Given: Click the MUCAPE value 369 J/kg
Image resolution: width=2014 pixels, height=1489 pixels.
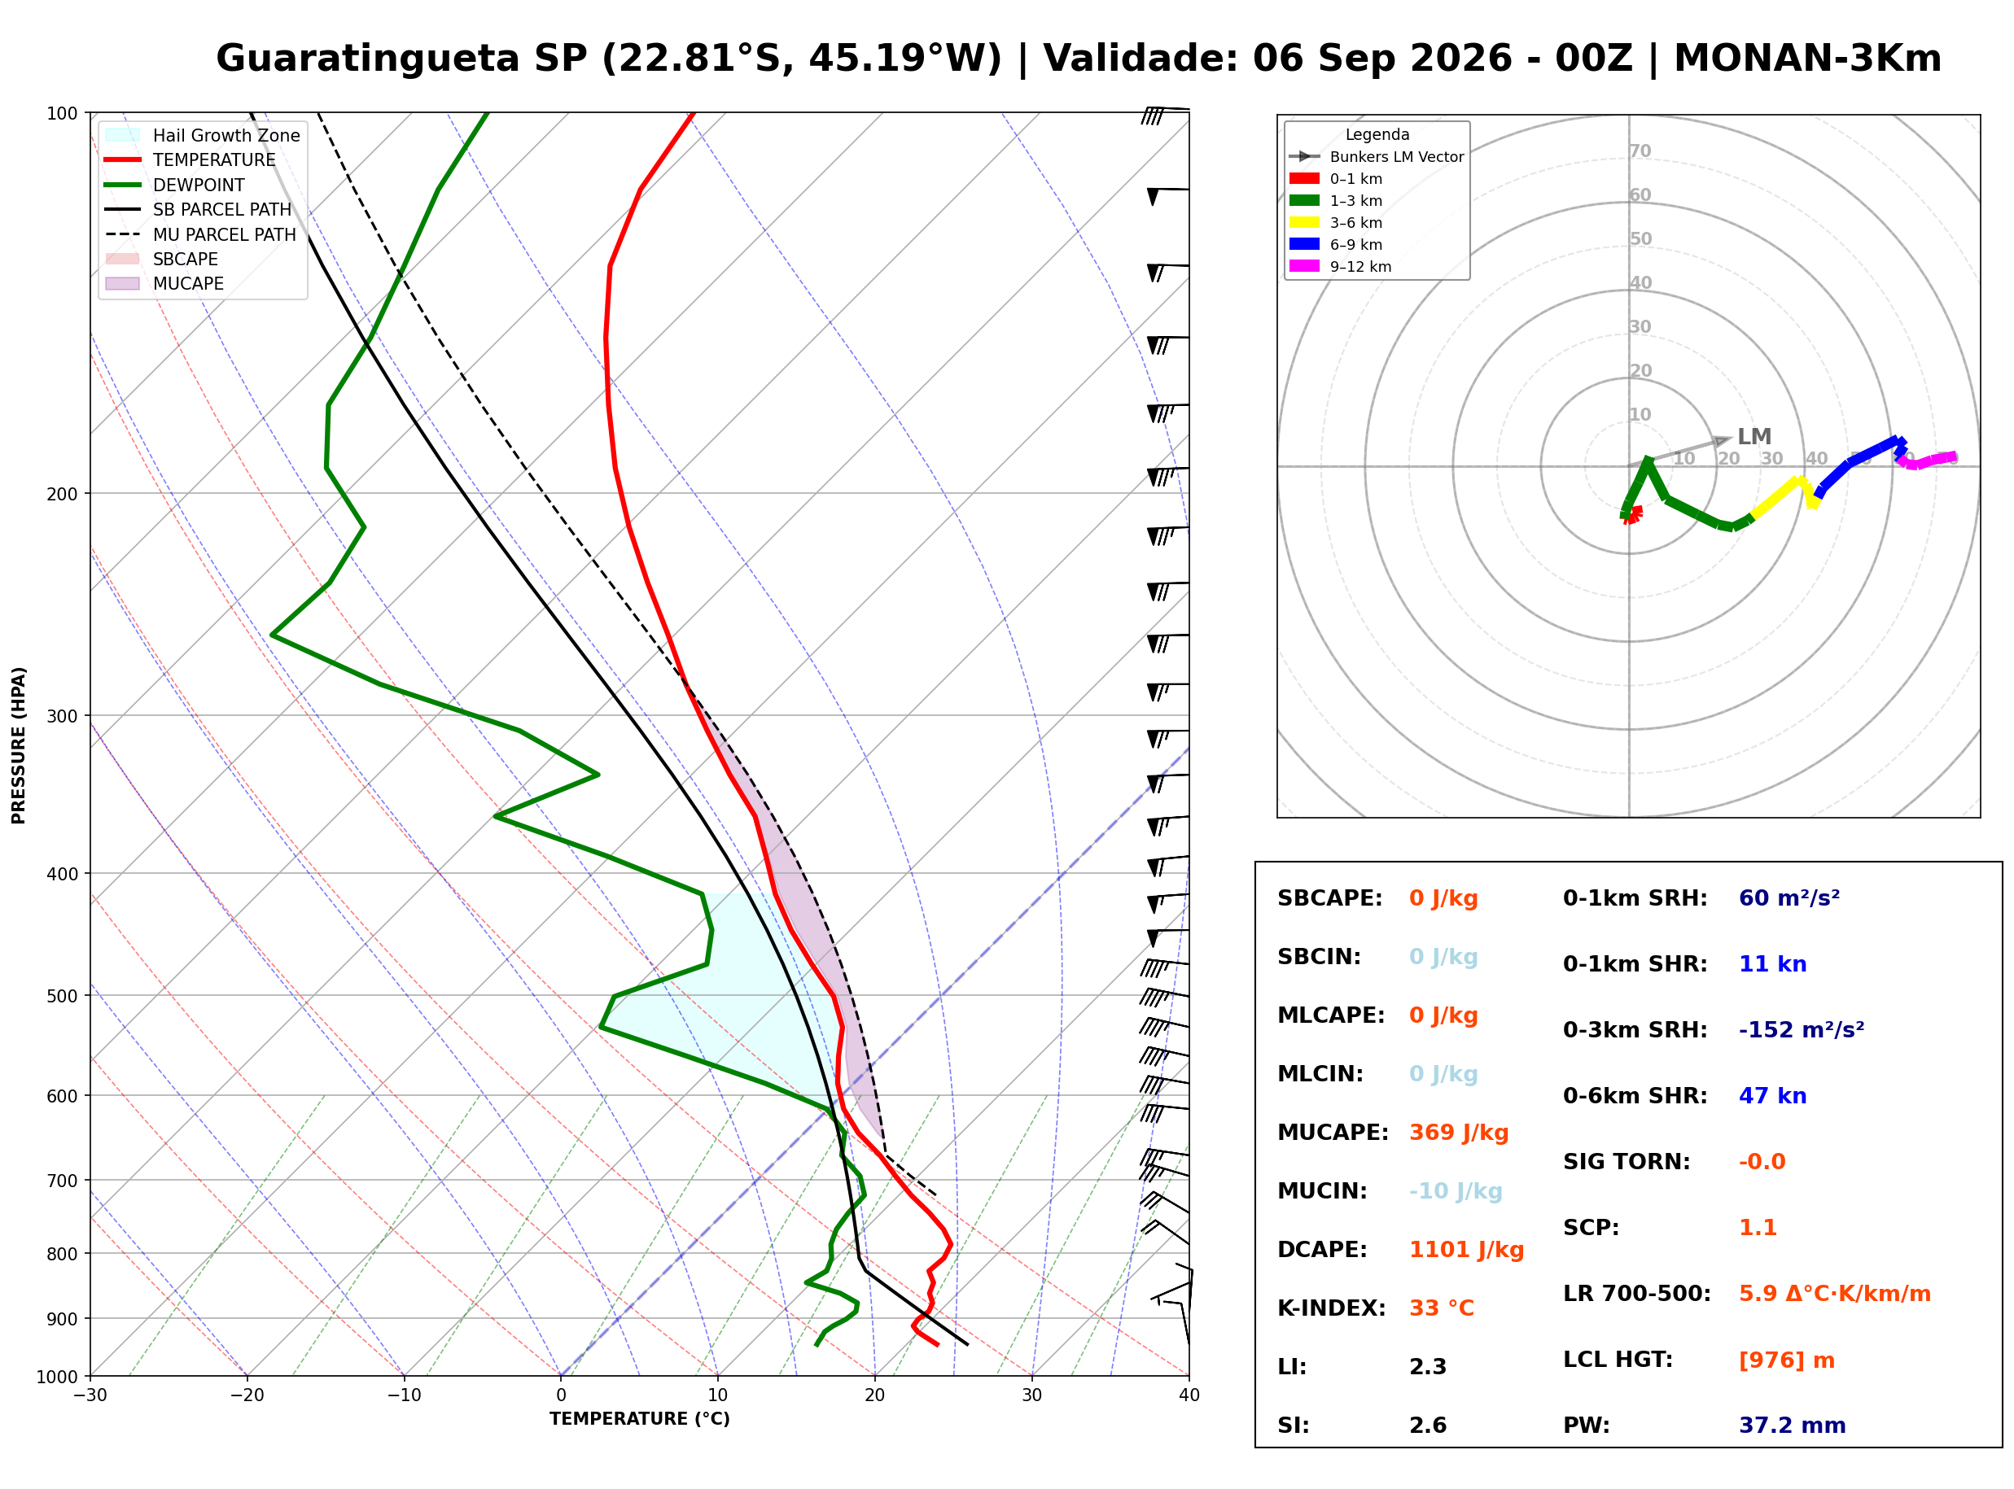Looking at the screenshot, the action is point(1459,1132).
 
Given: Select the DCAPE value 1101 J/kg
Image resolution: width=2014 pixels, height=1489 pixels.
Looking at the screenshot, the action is point(1467,1249).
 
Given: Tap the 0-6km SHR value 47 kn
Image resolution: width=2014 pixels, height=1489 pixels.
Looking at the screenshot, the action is point(1772,1096).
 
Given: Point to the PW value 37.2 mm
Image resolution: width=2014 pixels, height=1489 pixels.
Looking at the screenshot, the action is point(1793,1426).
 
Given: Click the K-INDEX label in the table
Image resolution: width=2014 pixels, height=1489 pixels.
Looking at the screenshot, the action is point(1332,1308).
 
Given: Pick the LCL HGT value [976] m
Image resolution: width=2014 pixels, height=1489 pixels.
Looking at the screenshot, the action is point(1787,1360).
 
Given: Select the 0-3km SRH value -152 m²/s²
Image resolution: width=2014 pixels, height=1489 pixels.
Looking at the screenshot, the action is point(1802,1029).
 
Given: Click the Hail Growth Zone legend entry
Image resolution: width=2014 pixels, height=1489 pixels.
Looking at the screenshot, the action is point(203,135).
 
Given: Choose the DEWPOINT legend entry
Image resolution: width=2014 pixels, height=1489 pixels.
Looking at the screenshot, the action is point(175,185).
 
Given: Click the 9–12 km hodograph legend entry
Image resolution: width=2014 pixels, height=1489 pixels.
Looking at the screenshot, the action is point(1341,267).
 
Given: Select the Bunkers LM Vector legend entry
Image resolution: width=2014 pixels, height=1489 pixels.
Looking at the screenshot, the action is point(1377,157).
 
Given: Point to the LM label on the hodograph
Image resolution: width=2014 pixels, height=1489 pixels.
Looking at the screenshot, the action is point(1754,437).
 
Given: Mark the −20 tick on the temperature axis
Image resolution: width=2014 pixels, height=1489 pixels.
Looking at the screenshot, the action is point(247,1395).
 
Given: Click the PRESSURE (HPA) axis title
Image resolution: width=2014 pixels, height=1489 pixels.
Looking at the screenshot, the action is point(19,745).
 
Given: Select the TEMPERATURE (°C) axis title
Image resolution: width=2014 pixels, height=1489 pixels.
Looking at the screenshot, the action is point(640,1419).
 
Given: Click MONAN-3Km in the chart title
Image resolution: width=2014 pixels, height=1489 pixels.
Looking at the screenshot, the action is point(1807,59).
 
